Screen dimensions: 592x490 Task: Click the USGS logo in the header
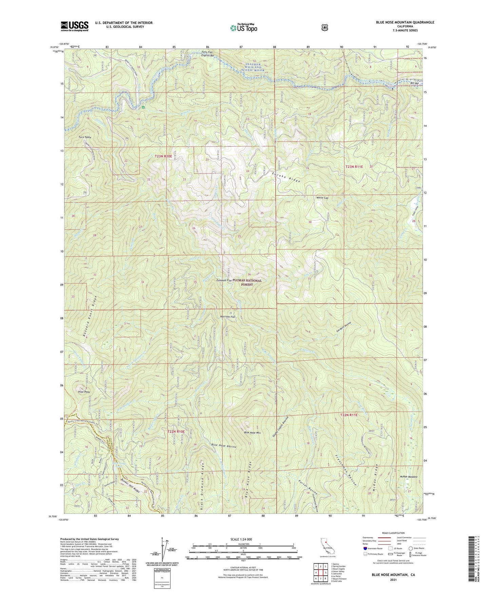click(x=75, y=26)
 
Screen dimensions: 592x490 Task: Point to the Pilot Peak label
click(x=84, y=392)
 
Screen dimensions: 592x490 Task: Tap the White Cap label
click(x=322, y=198)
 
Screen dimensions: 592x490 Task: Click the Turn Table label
click(x=85, y=137)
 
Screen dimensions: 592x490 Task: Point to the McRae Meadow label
click(x=408, y=477)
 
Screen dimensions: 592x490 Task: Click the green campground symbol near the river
click(x=143, y=107)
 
